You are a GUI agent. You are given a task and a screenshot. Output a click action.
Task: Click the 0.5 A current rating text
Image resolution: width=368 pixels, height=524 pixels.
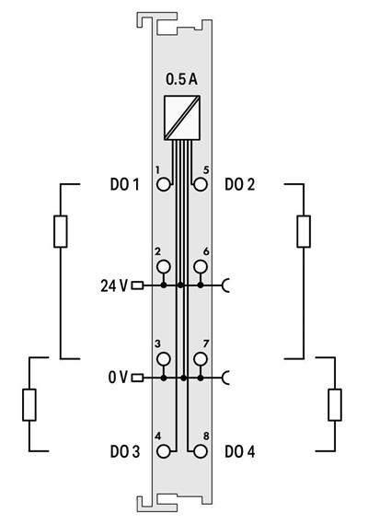tap(181, 80)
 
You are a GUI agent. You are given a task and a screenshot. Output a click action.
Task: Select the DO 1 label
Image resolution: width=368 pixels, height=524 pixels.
tap(123, 184)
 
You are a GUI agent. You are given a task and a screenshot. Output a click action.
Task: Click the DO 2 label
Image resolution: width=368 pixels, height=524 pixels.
tap(241, 184)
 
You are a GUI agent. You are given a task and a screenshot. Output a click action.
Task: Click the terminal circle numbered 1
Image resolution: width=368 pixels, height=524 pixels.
tap(164, 184)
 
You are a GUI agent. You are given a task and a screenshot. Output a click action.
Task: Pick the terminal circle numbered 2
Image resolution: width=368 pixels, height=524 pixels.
tap(164, 267)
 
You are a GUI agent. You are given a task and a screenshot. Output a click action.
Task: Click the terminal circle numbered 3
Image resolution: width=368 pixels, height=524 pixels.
tap(164, 358)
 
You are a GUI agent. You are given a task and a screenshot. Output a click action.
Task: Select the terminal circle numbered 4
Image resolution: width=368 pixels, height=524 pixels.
tap(164, 451)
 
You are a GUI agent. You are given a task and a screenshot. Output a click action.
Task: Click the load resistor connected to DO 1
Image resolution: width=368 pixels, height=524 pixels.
tap(61, 231)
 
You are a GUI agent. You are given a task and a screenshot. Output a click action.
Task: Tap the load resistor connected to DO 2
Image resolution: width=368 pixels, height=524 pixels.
tap(304, 231)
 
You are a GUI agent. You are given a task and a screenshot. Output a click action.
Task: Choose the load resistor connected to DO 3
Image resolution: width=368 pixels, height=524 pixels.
tap(29, 403)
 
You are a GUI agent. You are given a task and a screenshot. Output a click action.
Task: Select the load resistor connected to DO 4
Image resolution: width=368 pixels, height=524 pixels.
tap(335, 403)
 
